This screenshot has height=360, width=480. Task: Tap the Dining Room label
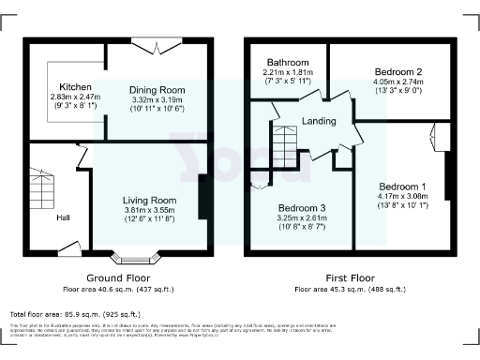pos(157,90)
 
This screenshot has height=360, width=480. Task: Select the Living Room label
pos(151,200)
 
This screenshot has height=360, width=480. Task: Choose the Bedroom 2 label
pos(397,72)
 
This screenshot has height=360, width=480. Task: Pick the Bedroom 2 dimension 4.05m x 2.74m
pos(399,82)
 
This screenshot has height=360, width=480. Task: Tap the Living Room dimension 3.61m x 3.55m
pos(151,210)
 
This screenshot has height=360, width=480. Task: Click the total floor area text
pos(75,313)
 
